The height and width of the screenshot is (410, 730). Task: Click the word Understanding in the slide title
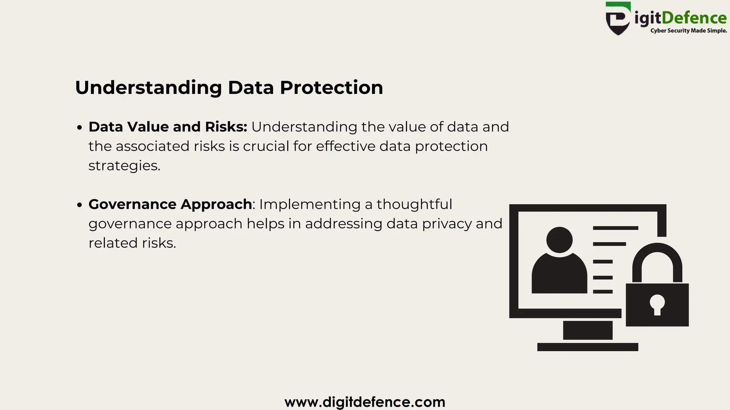tap(148, 88)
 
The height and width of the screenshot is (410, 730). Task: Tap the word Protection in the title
tap(331, 88)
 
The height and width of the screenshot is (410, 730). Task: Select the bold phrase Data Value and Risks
tap(168, 127)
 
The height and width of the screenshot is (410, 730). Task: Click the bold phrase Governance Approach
tap(170, 205)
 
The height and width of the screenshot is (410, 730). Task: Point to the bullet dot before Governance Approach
tap(80, 205)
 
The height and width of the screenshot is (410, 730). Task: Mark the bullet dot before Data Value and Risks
tap(80, 127)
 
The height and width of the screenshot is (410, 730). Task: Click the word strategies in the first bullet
tap(124, 166)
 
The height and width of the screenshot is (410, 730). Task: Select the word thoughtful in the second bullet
tap(414, 205)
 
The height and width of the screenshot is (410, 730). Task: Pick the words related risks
tap(132, 243)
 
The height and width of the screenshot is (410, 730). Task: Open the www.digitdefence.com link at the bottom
tap(365, 402)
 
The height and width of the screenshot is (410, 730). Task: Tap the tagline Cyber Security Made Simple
tap(688, 31)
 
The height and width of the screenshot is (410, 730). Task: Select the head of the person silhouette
tap(559, 240)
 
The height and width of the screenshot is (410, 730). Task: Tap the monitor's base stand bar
tap(587, 347)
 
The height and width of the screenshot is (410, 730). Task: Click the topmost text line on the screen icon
tap(615, 228)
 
